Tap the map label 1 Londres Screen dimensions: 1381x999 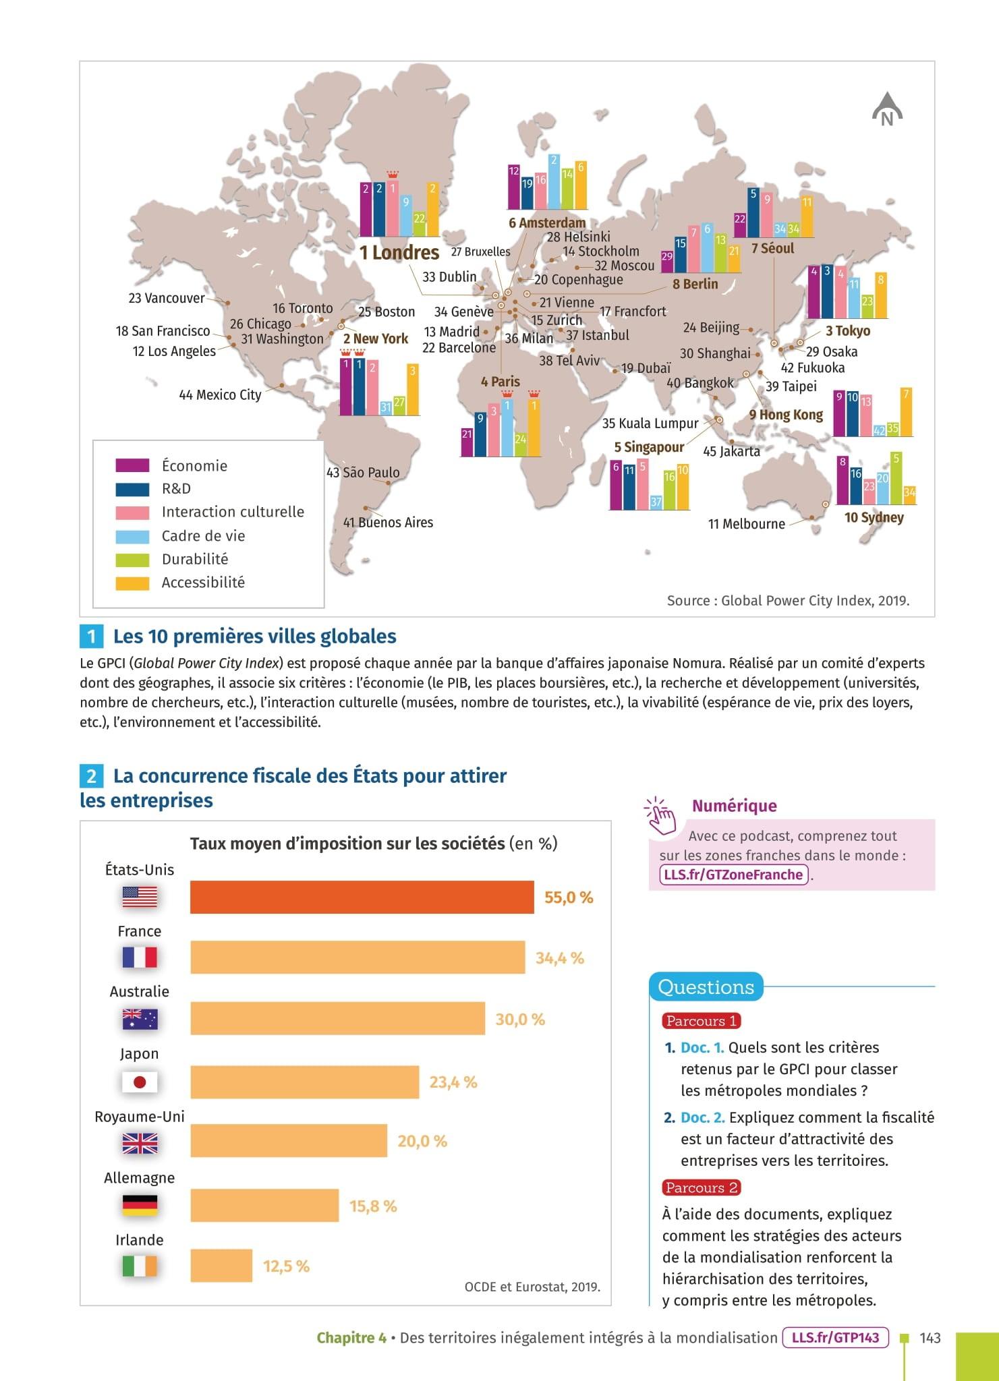coord(399,253)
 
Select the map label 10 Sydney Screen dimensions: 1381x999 coord(874,518)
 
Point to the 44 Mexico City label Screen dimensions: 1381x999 coord(220,395)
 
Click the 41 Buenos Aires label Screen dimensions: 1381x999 coord(388,523)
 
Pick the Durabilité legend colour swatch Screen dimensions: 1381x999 coord(132,560)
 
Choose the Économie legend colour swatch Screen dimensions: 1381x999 coord(132,466)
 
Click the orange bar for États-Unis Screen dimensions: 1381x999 coord(362,897)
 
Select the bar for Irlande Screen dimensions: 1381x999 coord(221,1266)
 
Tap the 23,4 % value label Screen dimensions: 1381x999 coord(453,1082)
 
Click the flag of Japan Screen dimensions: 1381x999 coord(140,1082)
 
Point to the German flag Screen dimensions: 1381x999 coord(140,1205)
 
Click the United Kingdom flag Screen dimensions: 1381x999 coord(140,1144)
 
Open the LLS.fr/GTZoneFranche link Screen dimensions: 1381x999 coord(733,875)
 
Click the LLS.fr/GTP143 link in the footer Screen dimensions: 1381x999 coord(835,1338)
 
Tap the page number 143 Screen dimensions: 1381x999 coord(930,1338)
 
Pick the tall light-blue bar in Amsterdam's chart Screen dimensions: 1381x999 coord(554,181)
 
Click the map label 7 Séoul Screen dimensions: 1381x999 coord(772,249)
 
